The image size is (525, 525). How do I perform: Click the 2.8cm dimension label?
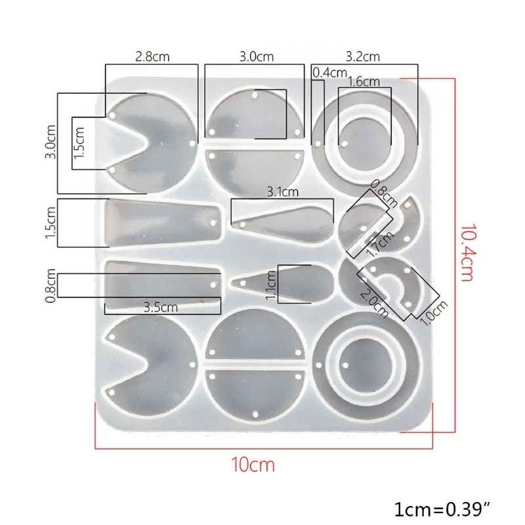click(x=152, y=57)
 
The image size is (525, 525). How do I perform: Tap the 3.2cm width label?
click(x=363, y=57)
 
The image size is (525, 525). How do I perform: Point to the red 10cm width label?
click(x=253, y=465)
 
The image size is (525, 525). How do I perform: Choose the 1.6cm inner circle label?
click(x=364, y=81)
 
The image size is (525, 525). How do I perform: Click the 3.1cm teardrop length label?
click(x=282, y=192)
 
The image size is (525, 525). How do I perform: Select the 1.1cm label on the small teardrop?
click(x=272, y=285)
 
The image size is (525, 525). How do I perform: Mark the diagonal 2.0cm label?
click(x=371, y=289)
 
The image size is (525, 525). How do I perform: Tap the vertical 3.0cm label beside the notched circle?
click(x=50, y=142)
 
